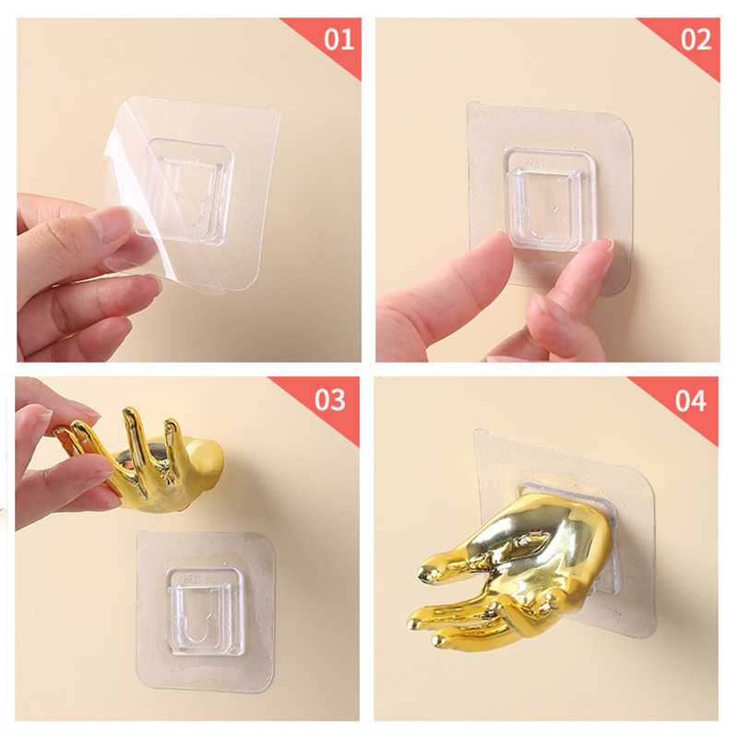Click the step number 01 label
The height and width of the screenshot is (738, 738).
(339, 40)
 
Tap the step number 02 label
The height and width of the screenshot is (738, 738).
(696, 40)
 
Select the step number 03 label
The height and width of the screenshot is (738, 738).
(330, 399)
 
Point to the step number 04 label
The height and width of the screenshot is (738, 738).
(690, 400)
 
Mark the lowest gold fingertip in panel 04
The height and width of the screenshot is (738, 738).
(439, 641)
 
